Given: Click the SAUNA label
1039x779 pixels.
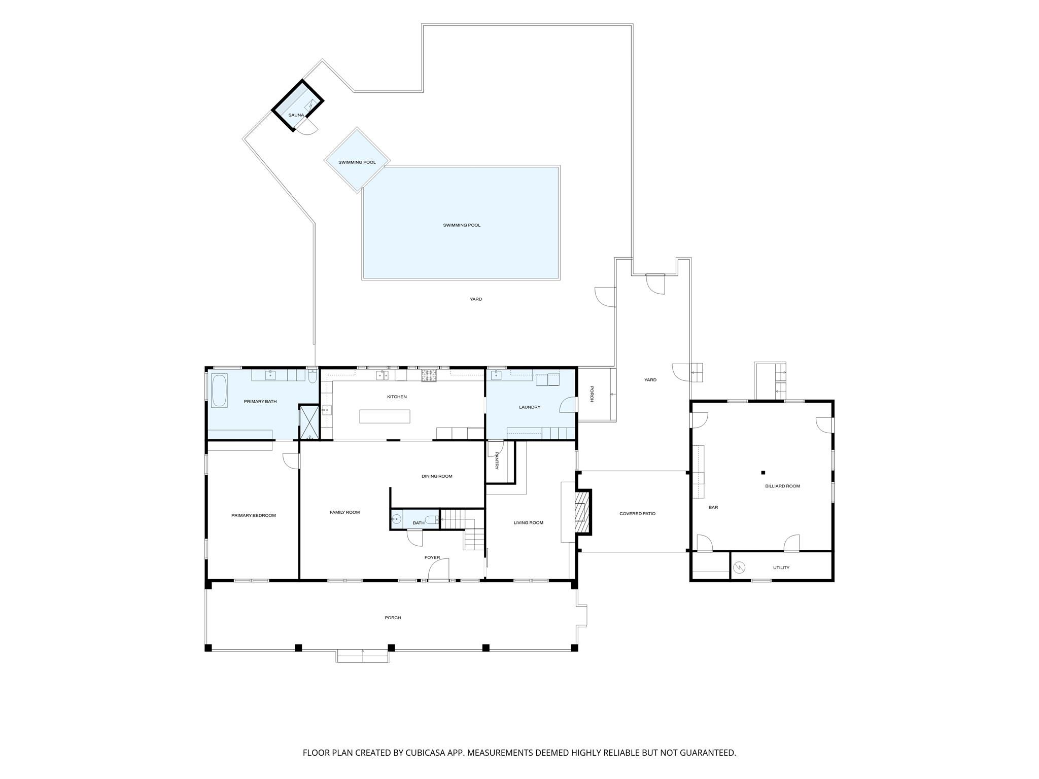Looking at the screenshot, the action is tap(296, 115).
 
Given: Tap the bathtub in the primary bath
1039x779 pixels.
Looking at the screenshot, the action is tap(219, 391).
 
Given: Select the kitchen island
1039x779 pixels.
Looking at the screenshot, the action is tap(385, 416).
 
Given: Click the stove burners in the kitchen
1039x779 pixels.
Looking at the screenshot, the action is tap(429, 376).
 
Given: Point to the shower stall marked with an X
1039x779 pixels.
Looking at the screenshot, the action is tap(308, 421).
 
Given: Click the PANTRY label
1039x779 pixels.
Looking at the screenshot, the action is tap(497, 461).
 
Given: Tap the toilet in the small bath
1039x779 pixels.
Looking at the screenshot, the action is tap(432, 519).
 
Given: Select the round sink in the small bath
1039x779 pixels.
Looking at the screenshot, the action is tap(397, 519).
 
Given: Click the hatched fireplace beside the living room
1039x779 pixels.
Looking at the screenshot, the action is tap(583, 512).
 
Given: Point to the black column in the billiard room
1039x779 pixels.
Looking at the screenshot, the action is tap(763, 473).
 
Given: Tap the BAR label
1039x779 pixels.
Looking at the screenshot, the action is tap(713, 507).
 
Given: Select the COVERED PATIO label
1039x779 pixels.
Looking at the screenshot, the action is tap(637, 514).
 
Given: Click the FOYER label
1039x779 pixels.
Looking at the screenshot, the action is tap(432, 557).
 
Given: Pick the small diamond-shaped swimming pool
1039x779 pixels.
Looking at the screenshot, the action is tap(357, 160).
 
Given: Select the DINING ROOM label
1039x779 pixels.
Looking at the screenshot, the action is tap(437, 476).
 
